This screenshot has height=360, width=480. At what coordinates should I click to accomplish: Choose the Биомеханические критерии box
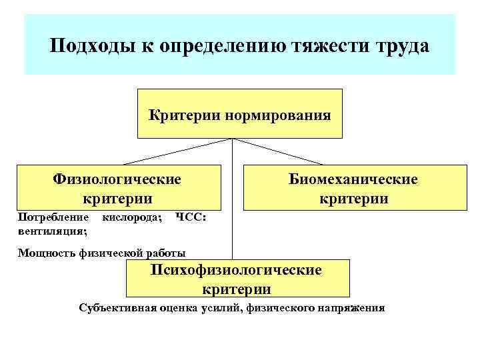pos(353,188)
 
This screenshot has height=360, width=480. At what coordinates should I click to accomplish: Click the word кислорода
pos(131,217)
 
